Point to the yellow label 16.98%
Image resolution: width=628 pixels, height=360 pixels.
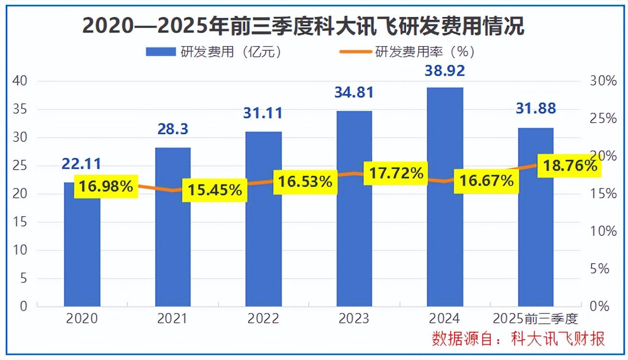coord(106,187)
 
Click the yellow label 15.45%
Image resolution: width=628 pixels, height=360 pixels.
coord(215,190)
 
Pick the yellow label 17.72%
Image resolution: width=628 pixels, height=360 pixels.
coord(396,173)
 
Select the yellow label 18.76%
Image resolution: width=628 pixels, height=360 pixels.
coord(570,165)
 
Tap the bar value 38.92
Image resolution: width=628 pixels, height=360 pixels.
coord(445,71)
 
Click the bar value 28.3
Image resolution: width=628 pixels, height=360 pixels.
coord(173,129)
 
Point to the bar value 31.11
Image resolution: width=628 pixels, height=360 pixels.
coord(264,113)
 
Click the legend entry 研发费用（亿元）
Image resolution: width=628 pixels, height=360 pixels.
coord(214,52)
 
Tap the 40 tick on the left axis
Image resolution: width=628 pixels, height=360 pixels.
coord(21,81)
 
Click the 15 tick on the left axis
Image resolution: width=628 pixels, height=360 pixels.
coord(21,222)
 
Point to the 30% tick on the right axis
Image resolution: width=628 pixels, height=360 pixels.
coord(603,81)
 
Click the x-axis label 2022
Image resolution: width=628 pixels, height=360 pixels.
coord(264,319)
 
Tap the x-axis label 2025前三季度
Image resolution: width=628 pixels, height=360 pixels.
coord(535,319)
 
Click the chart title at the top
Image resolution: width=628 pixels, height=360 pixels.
coord(303,26)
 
